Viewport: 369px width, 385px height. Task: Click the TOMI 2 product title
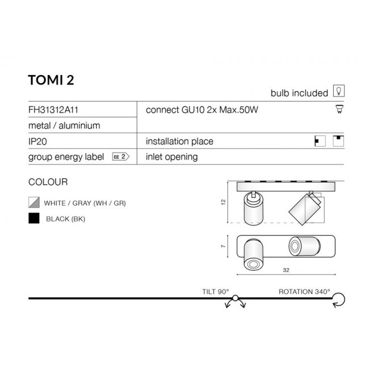pos(51,80)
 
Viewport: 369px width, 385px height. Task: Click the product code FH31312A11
pos(53,110)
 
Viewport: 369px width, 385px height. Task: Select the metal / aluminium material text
pos(64,126)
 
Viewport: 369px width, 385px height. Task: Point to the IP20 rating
pos(37,142)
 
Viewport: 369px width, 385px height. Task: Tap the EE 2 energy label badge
pos(120,156)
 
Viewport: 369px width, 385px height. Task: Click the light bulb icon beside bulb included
pos(338,91)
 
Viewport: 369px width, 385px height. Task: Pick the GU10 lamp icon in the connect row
pos(339,109)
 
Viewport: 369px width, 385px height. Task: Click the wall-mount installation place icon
pos(320,141)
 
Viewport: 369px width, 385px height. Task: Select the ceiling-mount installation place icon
pos(338,141)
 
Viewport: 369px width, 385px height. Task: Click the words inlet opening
pos(171,157)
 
